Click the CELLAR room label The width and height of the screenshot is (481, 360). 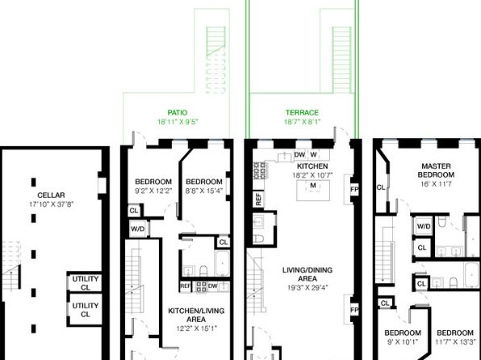coord(51,195)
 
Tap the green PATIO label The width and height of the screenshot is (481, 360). coord(178,113)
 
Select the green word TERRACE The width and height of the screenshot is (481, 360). coord(302,113)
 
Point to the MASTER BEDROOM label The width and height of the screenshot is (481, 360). coord(436,170)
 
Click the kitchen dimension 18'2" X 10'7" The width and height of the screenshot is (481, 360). coord(312,175)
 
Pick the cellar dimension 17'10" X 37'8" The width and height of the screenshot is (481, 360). coord(51,204)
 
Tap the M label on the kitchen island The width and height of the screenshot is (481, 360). coord(313,186)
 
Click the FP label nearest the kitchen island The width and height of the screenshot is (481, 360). coord(354,190)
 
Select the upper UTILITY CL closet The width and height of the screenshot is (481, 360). coord(85,283)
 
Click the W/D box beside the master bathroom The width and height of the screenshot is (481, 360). coord(424,227)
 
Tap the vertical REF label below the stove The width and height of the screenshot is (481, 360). coord(258,199)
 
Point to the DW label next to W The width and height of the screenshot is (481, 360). coord(299,155)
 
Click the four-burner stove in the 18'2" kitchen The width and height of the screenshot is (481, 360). coord(260,170)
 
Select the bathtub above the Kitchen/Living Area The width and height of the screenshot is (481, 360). coord(222,264)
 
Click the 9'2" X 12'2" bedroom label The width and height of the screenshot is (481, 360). coord(153,186)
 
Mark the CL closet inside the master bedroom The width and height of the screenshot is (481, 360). coord(381,187)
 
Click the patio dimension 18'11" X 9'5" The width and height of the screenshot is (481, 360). coord(178,122)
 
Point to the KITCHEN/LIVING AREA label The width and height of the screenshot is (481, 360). coord(196,315)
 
